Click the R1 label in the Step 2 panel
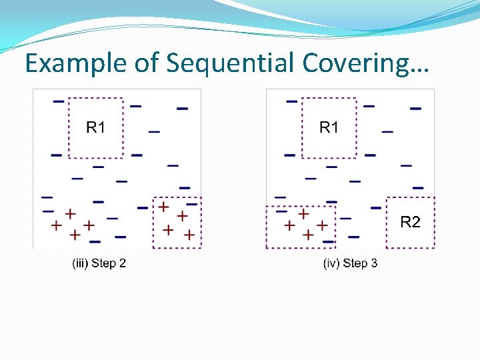(x=96, y=127)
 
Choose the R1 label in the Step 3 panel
(x=329, y=127)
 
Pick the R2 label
(x=410, y=222)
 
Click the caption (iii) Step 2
(x=99, y=263)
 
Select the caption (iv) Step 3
(x=350, y=263)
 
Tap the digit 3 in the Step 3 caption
(x=373, y=263)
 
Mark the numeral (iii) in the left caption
(x=79, y=263)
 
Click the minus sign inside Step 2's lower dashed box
(x=191, y=204)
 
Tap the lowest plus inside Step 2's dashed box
(x=189, y=235)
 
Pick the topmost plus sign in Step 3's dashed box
(x=303, y=214)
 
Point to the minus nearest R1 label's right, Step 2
(x=135, y=105)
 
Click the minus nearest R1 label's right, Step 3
(x=369, y=105)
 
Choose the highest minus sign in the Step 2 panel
(x=59, y=101)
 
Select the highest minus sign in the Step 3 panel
(x=292, y=101)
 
